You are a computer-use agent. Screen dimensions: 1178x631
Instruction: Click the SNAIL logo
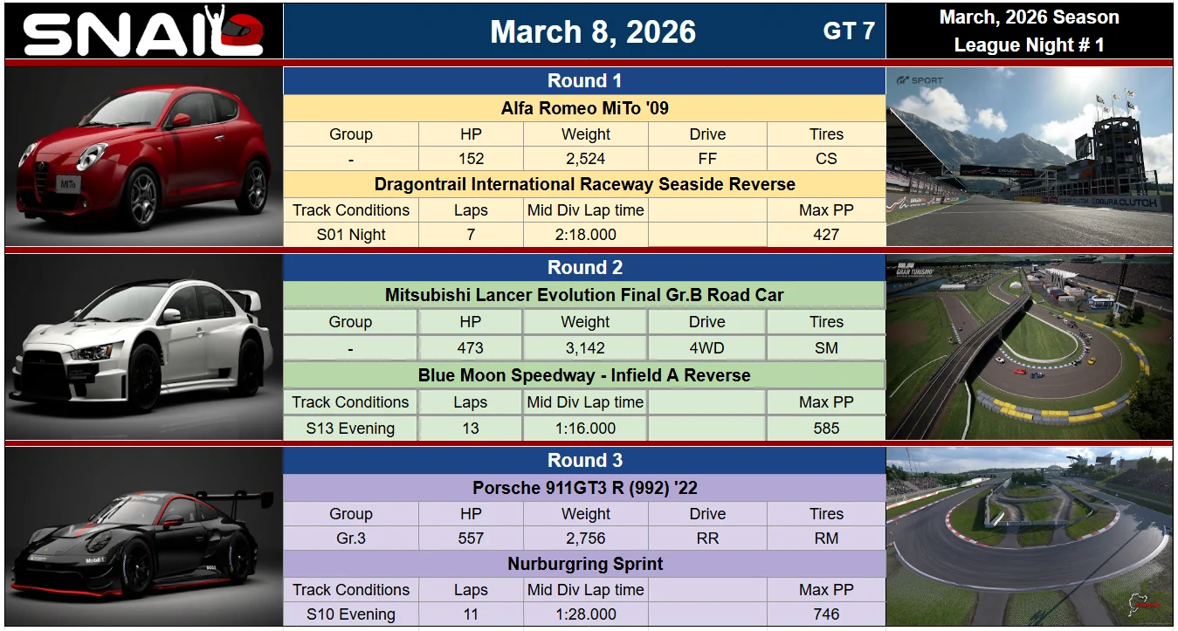point(143,31)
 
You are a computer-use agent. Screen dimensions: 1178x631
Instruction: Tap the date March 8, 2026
point(593,31)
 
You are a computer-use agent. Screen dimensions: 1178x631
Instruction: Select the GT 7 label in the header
point(849,31)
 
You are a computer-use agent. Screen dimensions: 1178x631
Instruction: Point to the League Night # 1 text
point(1029,45)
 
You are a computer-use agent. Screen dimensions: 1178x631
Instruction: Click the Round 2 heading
point(585,267)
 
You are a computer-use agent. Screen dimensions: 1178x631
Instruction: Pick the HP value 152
point(471,159)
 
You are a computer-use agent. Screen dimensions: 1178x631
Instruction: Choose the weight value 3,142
point(585,348)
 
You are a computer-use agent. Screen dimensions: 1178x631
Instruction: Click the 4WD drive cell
point(706,348)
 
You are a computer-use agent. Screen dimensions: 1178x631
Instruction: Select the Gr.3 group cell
point(351,538)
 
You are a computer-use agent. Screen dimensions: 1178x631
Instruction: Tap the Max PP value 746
point(826,614)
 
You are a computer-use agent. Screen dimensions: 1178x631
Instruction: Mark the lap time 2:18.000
point(585,234)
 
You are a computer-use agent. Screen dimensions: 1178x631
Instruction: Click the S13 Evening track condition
point(350,429)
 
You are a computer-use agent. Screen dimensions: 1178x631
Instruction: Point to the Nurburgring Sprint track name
point(585,564)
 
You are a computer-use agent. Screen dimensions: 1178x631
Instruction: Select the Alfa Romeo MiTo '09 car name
point(585,108)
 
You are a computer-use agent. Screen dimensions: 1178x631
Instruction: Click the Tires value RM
point(826,538)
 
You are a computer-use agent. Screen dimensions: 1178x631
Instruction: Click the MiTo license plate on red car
point(68,184)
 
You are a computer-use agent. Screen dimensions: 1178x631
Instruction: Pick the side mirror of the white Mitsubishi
point(171,315)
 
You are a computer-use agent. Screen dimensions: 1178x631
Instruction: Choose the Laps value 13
point(470,429)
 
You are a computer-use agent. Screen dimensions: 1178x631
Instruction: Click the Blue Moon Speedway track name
point(584,375)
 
